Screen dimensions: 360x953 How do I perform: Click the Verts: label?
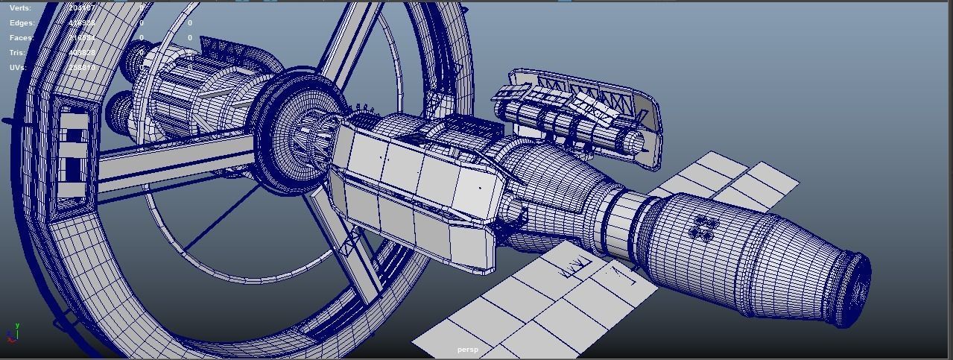(20, 7)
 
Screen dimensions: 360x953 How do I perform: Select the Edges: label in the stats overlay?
(22, 23)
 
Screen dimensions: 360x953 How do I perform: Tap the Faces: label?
(22, 38)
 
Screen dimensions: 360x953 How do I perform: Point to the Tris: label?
(18, 53)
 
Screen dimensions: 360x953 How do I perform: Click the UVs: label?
(18, 68)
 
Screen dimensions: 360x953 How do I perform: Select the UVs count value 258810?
(81, 68)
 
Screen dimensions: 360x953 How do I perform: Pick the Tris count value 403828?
(81, 53)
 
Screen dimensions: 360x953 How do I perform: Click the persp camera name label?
(467, 350)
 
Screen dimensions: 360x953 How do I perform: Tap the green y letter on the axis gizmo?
(17, 326)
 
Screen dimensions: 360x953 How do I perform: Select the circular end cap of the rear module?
(857, 287)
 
